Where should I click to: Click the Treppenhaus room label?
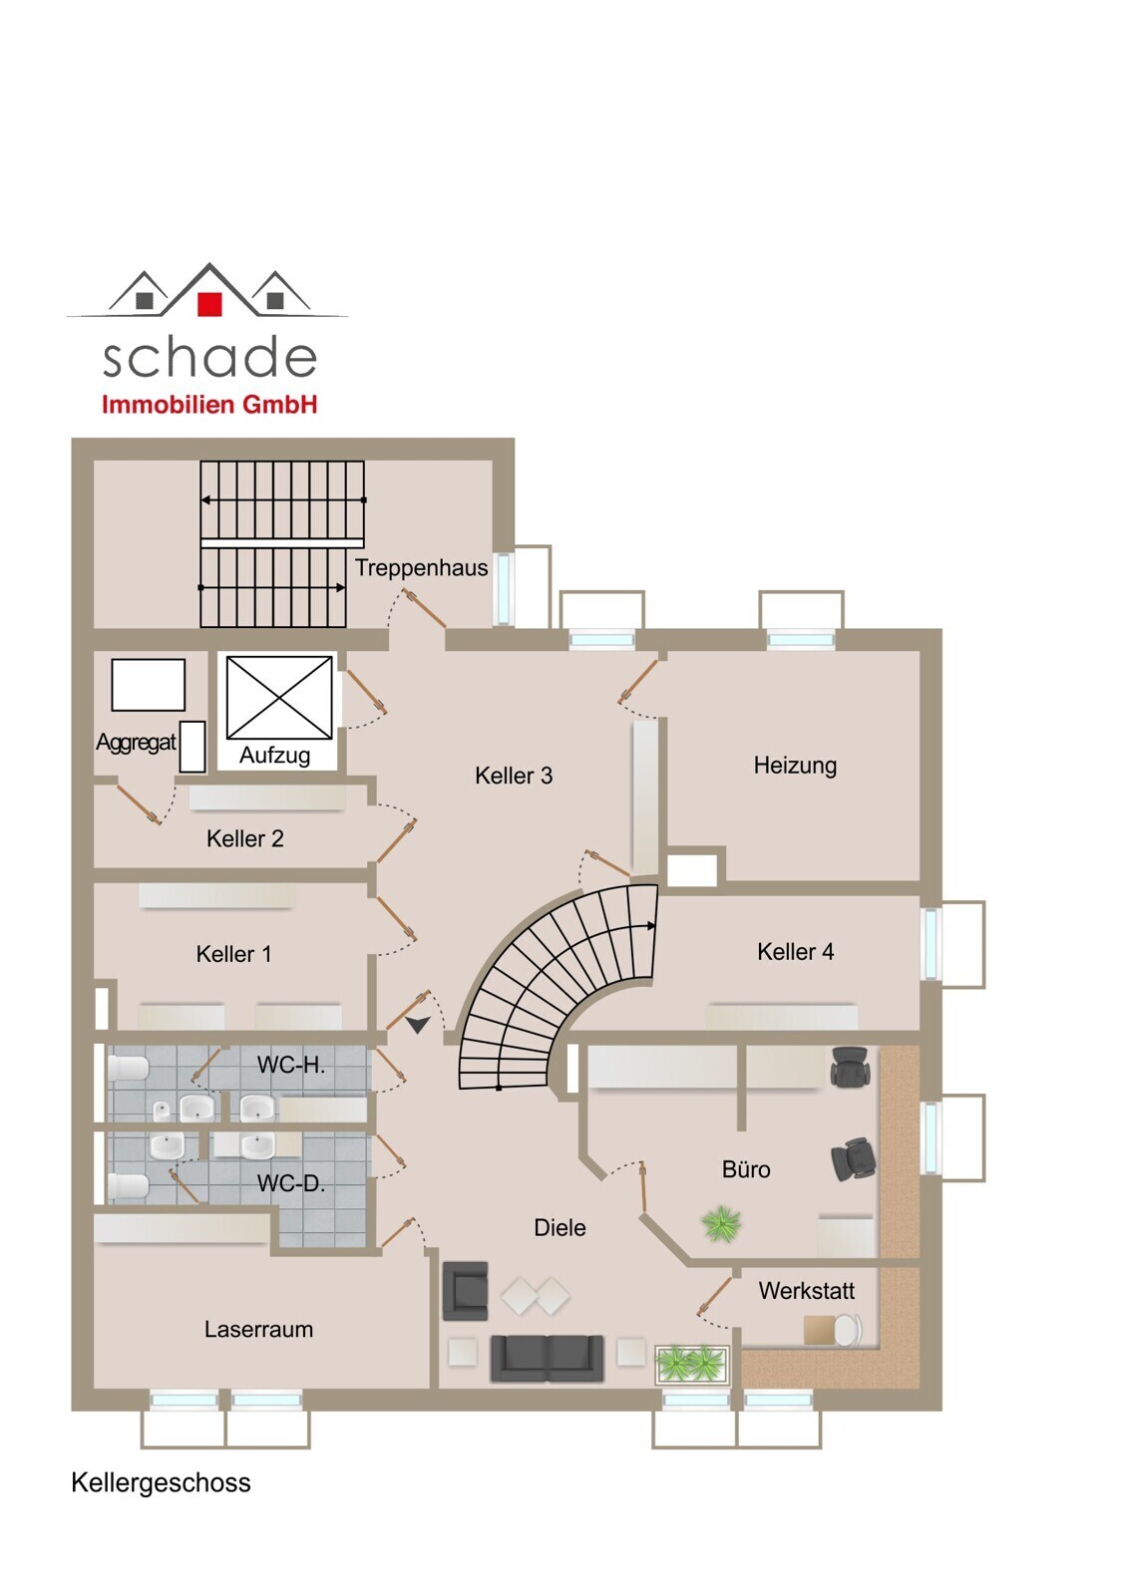pos(421,567)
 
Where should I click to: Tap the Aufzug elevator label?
pos(274,755)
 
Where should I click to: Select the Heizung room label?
pos(795,766)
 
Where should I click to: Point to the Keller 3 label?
pos(514,776)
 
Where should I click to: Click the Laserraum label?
pos(258,1330)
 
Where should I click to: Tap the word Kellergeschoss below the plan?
pos(161,1482)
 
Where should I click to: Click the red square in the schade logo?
pos(209,303)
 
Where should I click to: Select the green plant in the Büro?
pos(721,1224)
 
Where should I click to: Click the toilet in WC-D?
pos(129,1186)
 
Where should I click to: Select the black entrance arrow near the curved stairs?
pos(418,1025)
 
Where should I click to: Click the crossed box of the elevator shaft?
pos(279,698)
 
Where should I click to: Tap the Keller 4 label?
pos(795,951)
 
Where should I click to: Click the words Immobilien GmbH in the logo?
pos(209,405)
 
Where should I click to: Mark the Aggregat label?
pos(136,743)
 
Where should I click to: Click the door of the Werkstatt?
pos(715,1295)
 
